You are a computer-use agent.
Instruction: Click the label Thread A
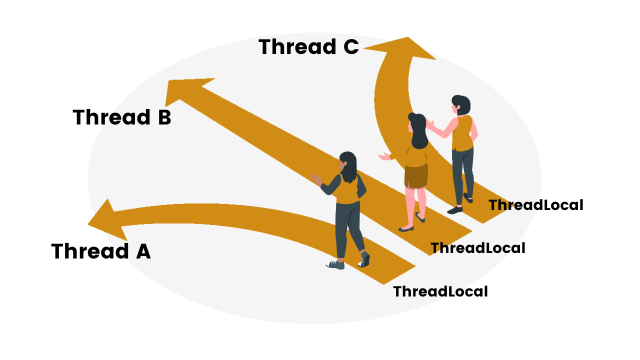click(x=100, y=251)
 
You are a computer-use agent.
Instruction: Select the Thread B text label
click(x=122, y=117)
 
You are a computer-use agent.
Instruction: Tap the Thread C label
click(x=308, y=47)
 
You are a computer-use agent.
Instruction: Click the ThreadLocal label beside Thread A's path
click(x=440, y=291)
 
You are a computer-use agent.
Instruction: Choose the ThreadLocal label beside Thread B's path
click(x=477, y=248)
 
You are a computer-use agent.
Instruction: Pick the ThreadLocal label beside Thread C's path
click(x=535, y=205)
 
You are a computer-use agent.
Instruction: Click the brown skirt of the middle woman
click(x=416, y=175)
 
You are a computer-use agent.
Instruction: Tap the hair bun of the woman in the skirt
click(x=412, y=117)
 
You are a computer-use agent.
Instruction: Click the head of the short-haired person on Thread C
click(x=460, y=105)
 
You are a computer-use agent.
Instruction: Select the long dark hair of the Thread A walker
click(x=349, y=167)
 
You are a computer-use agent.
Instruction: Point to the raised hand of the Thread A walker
click(x=316, y=179)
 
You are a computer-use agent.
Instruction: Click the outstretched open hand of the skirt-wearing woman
click(x=384, y=157)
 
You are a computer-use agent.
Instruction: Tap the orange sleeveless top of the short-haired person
click(x=462, y=132)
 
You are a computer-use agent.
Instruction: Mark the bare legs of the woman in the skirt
click(x=415, y=205)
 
